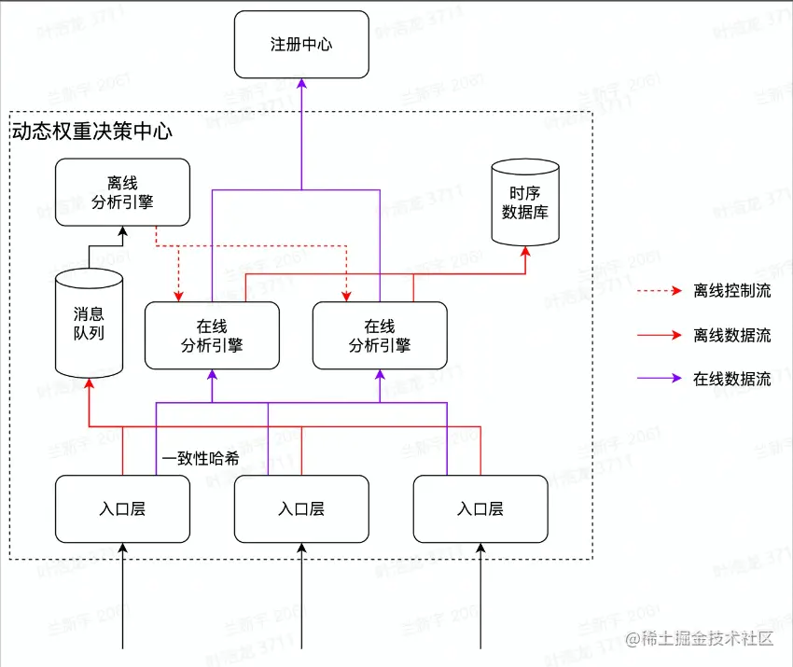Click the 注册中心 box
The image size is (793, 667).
(x=301, y=45)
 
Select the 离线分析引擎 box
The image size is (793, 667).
(x=122, y=192)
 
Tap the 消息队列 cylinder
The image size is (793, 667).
(x=89, y=323)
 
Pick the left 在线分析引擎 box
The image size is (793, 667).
(x=212, y=336)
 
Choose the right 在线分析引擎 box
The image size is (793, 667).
(x=380, y=336)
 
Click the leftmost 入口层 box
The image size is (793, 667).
(x=122, y=508)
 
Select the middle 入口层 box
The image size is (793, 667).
(x=301, y=508)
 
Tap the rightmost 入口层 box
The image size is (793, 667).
(x=480, y=508)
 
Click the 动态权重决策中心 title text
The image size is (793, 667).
(x=91, y=132)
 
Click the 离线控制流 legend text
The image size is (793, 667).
(x=732, y=291)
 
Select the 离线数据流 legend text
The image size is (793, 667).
(x=732, y=335)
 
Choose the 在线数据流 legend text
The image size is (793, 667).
(x=732, y=379)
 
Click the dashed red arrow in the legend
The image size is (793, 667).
(x=661, y=291)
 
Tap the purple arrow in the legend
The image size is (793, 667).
(x=661, y=379)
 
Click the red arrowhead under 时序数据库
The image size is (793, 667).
(x=525, y=253)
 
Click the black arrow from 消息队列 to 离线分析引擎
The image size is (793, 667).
(x=90, y=248)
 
